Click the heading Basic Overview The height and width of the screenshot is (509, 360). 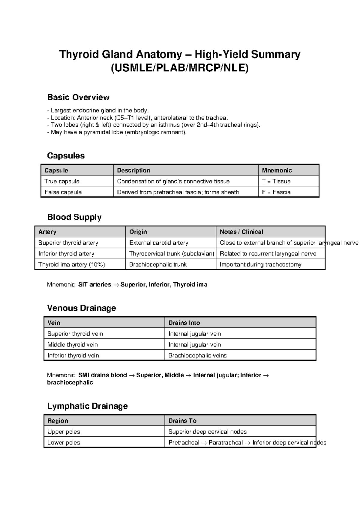point(78,97)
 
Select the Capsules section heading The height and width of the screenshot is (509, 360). point(66,155)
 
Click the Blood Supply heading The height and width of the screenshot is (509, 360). point(74,217)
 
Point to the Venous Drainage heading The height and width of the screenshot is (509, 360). point(81,308)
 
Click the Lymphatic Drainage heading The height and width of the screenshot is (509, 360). point(87,406)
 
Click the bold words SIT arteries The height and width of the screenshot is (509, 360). point(94,284)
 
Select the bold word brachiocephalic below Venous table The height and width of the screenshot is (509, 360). point(70,382)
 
